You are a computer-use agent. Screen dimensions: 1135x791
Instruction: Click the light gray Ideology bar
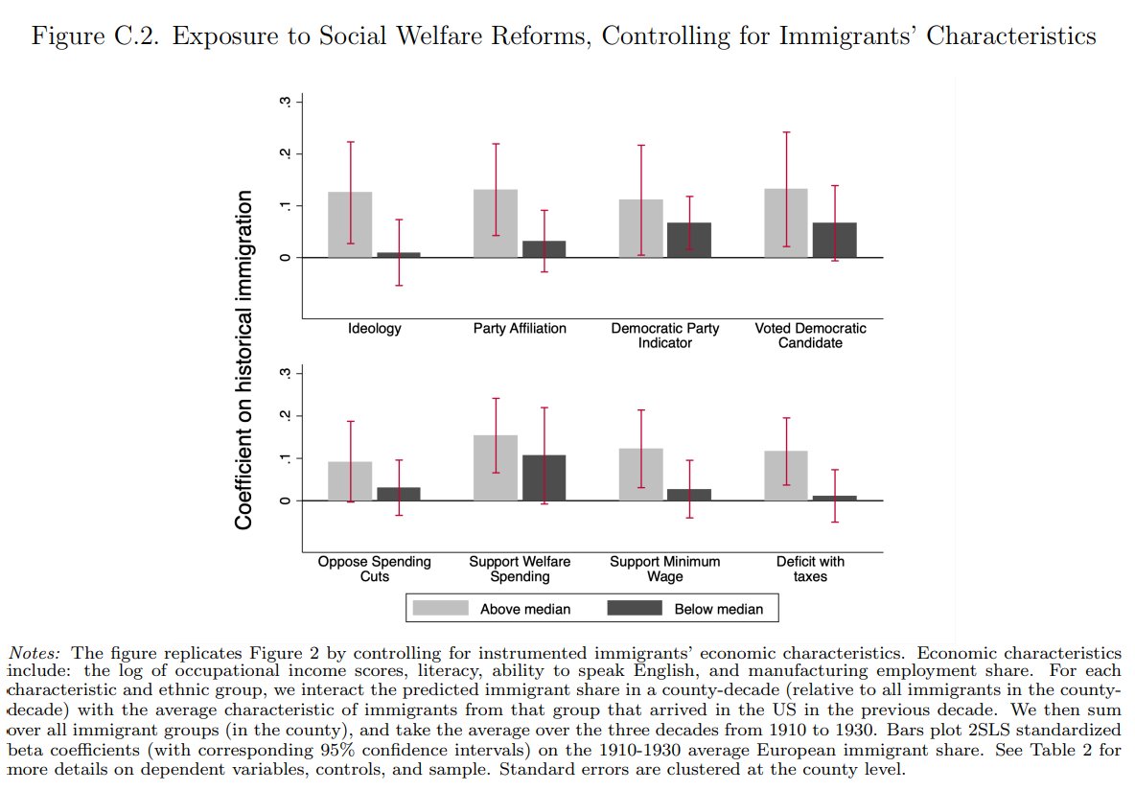350,224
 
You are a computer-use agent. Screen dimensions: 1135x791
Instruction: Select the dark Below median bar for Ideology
399,255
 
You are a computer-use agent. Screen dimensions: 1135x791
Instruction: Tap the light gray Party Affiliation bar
495,223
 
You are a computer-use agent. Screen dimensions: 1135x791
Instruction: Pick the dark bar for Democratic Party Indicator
689,240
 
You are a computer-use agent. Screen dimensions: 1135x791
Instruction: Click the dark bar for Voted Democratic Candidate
835,240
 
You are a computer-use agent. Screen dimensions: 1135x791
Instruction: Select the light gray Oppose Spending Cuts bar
350,481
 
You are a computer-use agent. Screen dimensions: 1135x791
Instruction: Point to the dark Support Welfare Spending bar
544,477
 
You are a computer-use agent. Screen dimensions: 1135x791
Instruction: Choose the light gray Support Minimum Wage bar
640,475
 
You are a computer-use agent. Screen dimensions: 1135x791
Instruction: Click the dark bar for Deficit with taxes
835,498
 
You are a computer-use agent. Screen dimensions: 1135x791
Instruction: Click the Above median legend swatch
440,608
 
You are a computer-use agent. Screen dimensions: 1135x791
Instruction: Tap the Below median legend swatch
634,608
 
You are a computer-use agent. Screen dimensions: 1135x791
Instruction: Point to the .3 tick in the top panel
286,102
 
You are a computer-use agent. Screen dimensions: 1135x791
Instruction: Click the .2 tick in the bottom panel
286,415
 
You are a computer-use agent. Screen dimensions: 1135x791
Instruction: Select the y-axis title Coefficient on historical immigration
243,360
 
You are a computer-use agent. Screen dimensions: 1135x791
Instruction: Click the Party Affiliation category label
520,328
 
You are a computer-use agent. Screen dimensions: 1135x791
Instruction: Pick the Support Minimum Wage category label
664,569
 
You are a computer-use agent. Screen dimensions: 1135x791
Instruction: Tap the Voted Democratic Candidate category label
810,335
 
